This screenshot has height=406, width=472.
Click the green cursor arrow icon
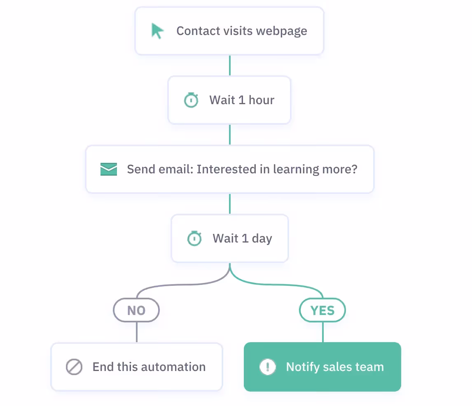157,31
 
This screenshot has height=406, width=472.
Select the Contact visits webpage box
229,31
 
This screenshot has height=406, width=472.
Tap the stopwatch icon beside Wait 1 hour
191,100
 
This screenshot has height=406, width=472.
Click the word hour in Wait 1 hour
261,100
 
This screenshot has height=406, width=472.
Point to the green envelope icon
109,169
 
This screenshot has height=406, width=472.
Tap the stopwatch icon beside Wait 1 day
194,238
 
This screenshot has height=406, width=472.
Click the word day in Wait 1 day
262,239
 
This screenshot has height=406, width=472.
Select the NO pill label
136,310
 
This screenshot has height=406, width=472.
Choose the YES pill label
322,310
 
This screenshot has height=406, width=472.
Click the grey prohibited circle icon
74,367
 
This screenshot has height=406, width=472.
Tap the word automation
173,367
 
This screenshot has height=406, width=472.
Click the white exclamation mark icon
268,367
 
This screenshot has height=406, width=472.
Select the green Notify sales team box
322,367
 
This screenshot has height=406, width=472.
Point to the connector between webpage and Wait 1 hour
230,65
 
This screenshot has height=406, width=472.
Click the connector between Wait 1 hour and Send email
230,135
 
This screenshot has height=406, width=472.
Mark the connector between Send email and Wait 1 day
230,204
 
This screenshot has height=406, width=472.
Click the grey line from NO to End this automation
137,332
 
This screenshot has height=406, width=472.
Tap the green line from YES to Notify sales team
322,332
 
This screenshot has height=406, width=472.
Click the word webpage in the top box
282,31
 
